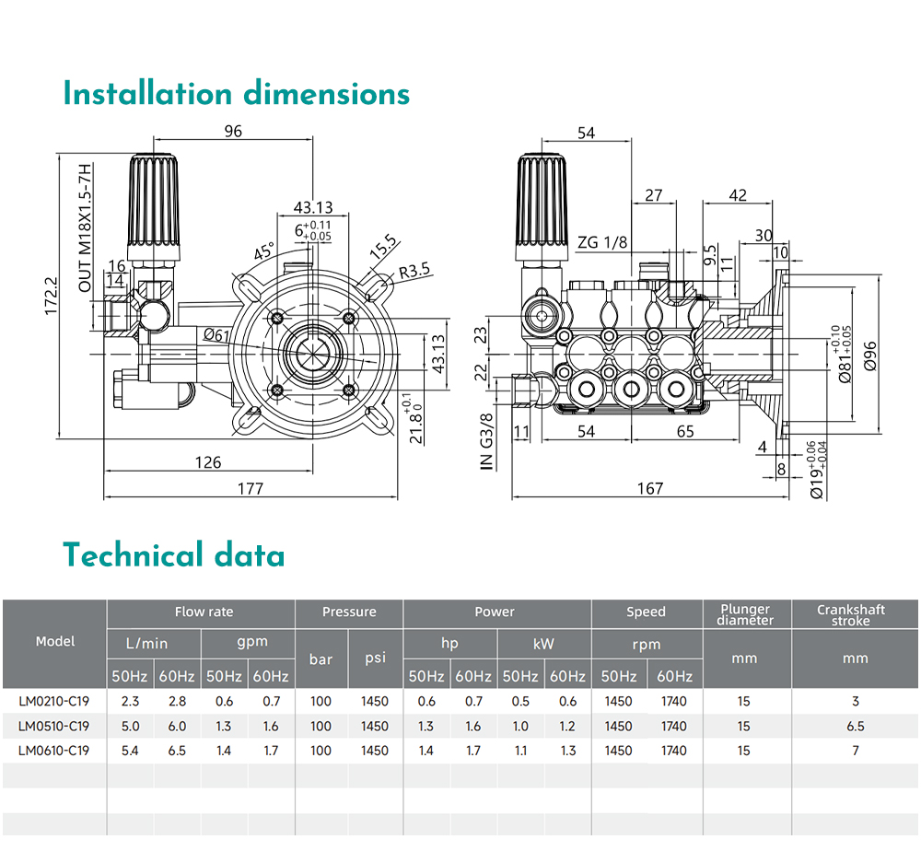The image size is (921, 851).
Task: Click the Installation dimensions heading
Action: (236, 94)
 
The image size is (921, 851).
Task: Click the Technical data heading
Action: (174, 555)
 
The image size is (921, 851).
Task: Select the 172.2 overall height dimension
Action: (51, 296)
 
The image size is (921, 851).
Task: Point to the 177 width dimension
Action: (251, 489)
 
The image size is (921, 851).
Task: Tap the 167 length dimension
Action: (650, 489)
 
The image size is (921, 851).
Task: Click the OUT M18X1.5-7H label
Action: (86, 227)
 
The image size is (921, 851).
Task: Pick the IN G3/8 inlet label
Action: (486, 442)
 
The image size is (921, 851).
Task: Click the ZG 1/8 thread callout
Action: (602, 242)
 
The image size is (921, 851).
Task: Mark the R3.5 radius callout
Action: (414, 272)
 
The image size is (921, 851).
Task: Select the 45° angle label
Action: (264, 251)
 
